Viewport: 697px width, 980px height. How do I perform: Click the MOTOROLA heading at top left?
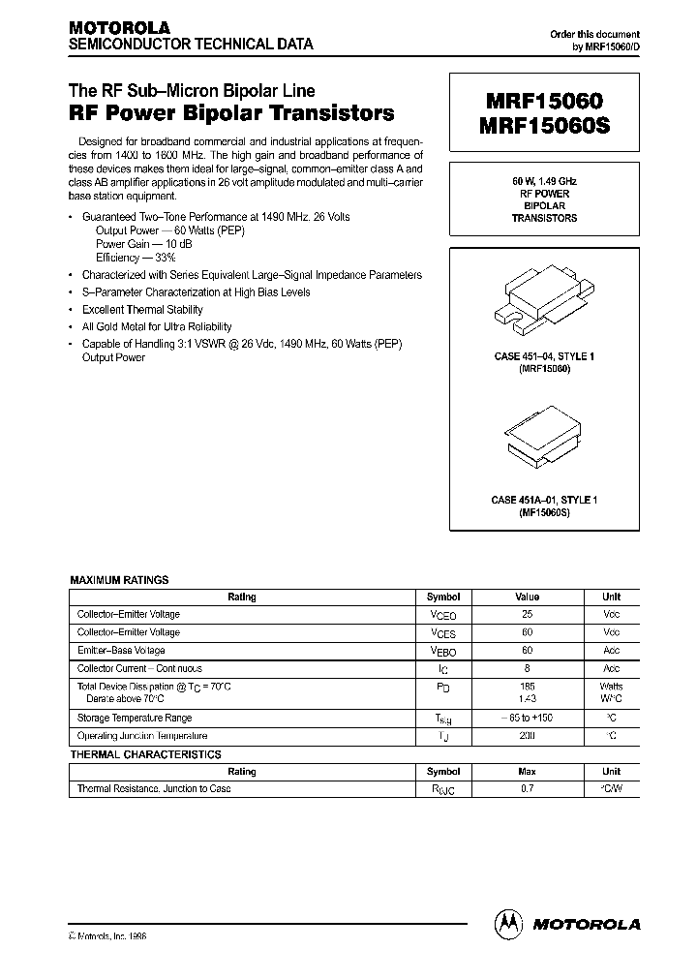[x=118, y=28]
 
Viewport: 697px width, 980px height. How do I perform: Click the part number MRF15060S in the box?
[x=541, y=128]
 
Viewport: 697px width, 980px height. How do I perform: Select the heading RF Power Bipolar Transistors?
[x=230, y=113]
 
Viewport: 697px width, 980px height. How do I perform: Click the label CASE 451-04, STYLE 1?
[x=543, y=357]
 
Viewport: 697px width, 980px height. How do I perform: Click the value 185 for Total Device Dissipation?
[x=527, y=685]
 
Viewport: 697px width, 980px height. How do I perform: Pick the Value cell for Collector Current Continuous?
[x=527, y=669]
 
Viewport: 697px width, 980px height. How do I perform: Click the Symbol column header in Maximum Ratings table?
[x=442, y=597]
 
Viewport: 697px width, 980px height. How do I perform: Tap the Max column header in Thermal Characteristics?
[x=527, y=772]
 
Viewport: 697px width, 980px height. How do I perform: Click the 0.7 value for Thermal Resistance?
[x=527, y=788]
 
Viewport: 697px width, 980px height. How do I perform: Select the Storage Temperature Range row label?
[x=135, y=718]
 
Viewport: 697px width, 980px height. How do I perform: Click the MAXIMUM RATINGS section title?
[x=119, y=580]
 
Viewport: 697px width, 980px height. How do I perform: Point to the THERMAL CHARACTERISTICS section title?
[x=145, y=754]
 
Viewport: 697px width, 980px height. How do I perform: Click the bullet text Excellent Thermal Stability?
[x=142, y=310]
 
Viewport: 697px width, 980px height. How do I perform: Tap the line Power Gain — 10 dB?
[x=137, y=244]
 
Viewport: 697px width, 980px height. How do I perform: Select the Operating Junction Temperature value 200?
[x=527, y=736]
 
